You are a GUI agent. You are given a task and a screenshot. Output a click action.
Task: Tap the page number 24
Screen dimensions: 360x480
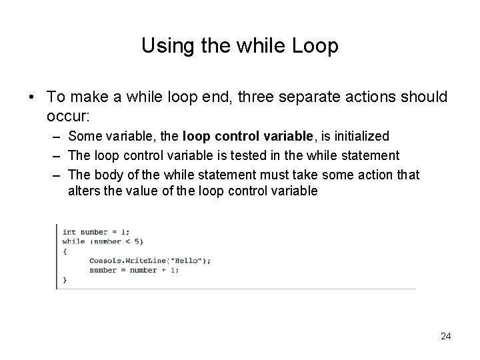445,336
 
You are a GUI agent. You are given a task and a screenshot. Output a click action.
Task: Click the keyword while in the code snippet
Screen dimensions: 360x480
73,241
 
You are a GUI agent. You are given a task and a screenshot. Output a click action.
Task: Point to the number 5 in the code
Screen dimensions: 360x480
138,241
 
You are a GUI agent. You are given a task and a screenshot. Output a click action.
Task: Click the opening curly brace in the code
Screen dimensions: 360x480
65,251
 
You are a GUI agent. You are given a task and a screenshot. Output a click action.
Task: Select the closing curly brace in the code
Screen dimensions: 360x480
65,280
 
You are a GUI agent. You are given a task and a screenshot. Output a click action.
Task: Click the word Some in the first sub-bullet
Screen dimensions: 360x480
82,136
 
